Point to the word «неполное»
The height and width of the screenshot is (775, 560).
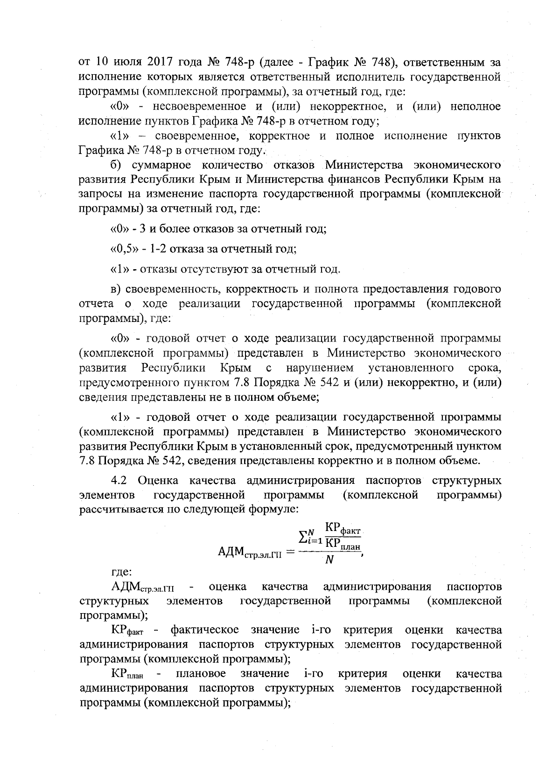tap(476, 107)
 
